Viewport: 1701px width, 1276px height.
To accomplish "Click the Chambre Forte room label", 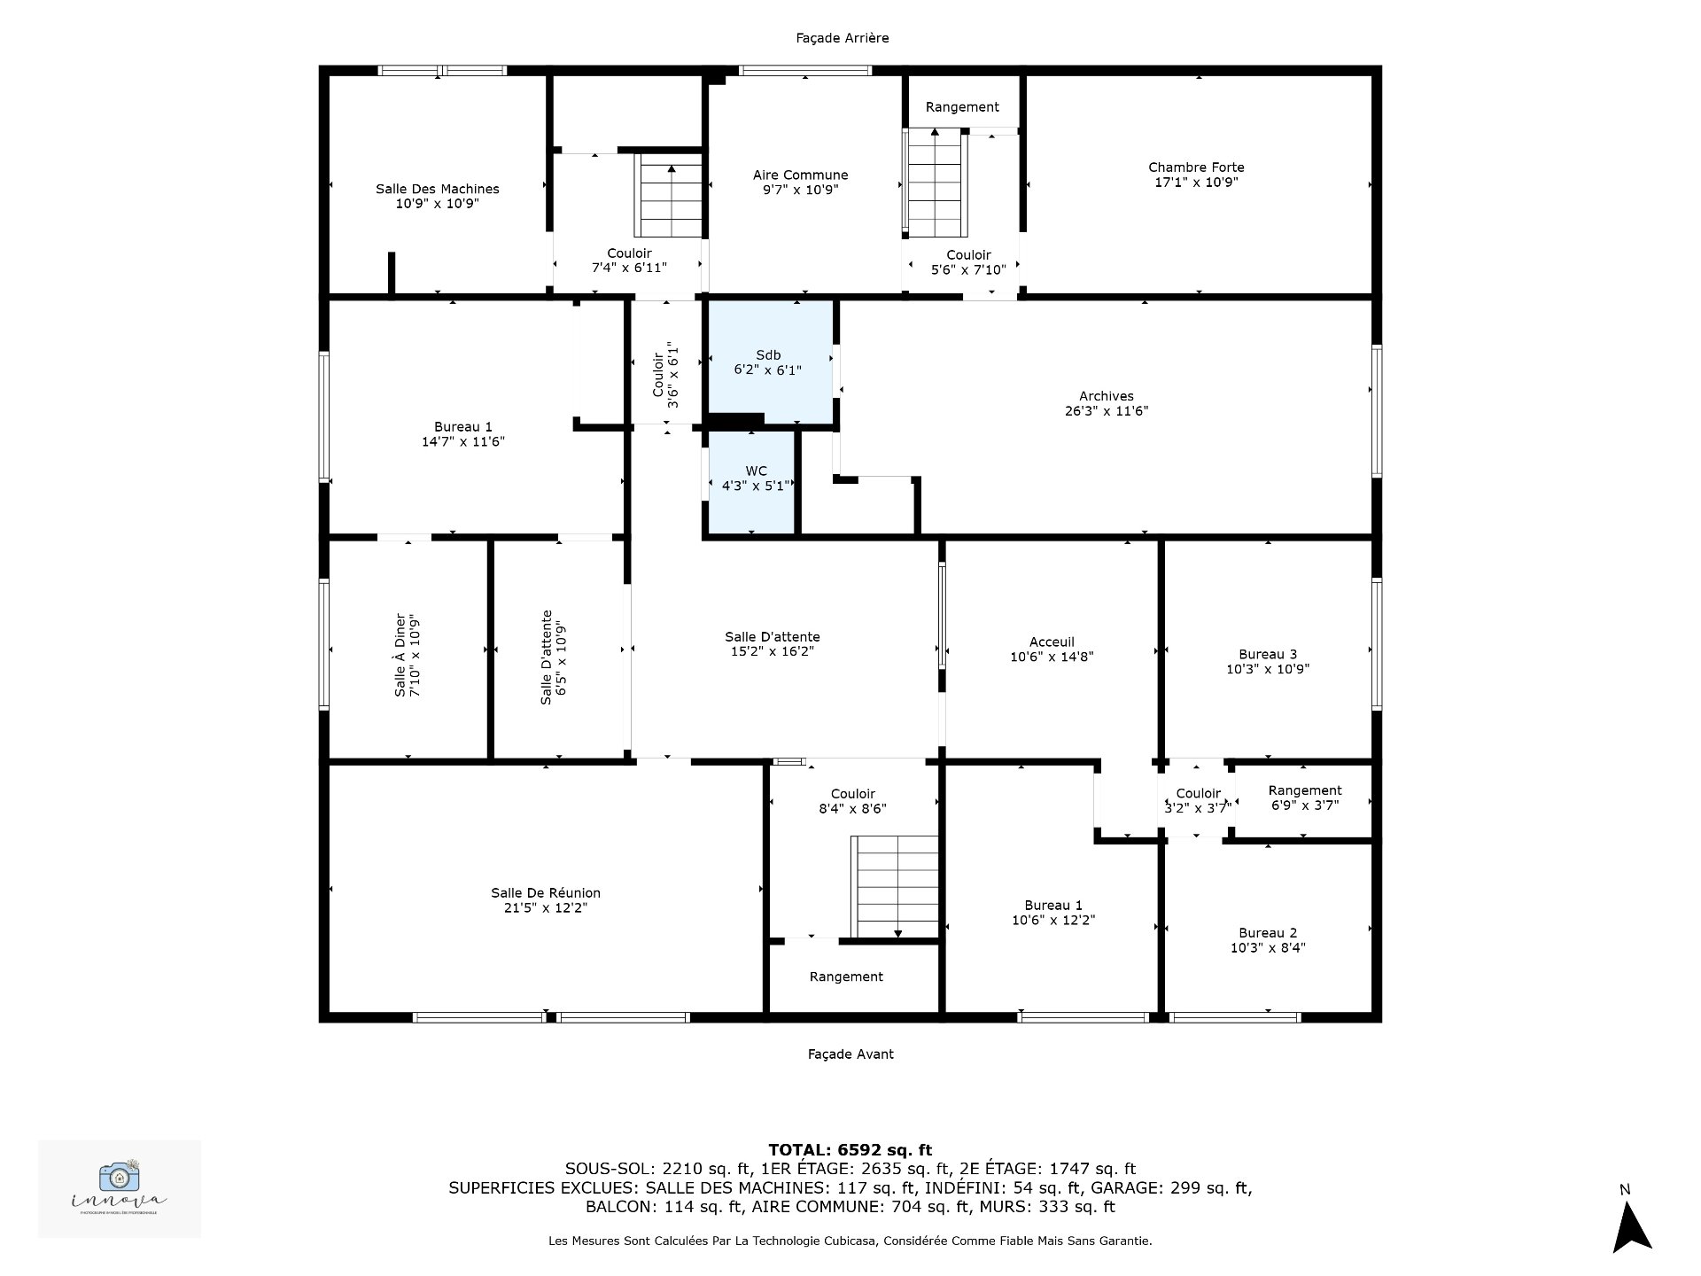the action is (1196, 167).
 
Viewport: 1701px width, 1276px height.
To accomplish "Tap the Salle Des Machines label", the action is (437, 189).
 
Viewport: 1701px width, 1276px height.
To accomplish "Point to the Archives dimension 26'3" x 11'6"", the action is (1107, 411).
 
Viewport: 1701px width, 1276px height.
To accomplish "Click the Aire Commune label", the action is (800, 175).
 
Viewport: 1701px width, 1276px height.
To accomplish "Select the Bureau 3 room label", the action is (1268, 655).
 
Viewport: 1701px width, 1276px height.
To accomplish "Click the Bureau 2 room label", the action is (1268, 933).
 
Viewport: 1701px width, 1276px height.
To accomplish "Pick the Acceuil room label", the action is (1052, 642).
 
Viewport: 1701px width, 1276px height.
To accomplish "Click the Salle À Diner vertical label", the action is (400, 655).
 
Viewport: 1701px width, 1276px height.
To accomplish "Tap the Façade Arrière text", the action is (842, 38).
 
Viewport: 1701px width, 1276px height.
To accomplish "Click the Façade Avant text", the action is (850, 1054).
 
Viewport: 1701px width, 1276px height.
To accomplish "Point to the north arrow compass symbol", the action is (1631, 1227).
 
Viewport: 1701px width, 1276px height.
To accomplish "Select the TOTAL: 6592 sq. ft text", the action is (850, 1150).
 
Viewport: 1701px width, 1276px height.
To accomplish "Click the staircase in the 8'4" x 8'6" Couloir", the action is (895, 887).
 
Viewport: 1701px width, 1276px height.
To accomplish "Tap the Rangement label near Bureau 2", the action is (1304, 790).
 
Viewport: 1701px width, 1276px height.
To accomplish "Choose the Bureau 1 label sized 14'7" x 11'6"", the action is (462, 427).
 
